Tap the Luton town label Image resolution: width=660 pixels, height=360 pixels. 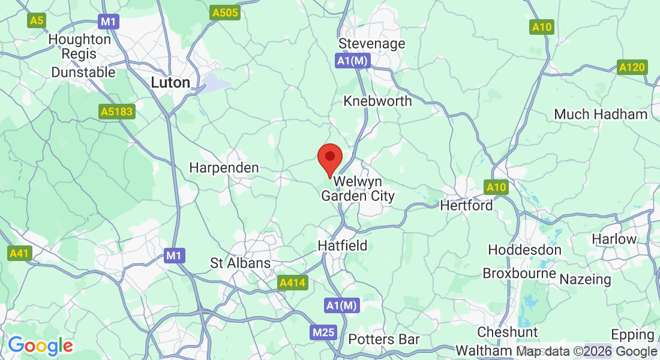click(x=170, y=82)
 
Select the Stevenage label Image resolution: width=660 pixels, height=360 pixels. click(x=371, y=44)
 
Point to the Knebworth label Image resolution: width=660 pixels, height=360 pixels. click(x=377, y=101)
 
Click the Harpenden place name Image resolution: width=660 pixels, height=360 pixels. click(x=224, y=168)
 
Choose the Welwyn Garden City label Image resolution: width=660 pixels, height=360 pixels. click(x=358, y=188)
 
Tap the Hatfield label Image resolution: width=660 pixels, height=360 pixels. click(x=342, y=245)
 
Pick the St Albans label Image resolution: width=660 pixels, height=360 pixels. click(x=240, y=263)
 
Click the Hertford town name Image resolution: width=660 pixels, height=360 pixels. click(x=466, y=205)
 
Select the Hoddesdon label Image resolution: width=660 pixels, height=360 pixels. click(x=524, y=250)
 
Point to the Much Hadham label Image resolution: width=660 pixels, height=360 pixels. click(x=601, y=114)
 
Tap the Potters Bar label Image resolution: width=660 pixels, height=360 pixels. click(x=384, y=340)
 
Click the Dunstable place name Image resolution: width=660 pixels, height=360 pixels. click(x=83, y=72)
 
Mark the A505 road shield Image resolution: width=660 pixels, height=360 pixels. click(x=226, y=13)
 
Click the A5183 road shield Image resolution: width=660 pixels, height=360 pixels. click(x=117, y=111)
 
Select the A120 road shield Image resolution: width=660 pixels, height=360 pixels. click(x=632, y=67)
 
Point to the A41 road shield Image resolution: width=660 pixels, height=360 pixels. click(x=19, y=254)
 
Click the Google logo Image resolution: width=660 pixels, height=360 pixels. click(x=40, y=346)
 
